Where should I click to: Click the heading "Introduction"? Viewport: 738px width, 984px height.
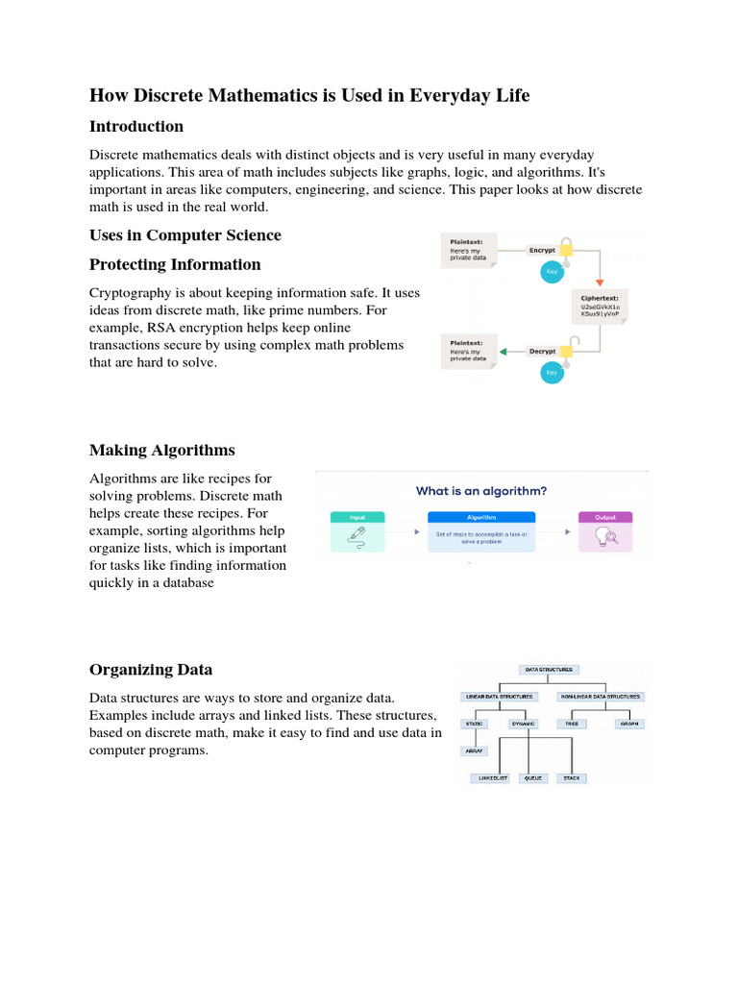point(135,127)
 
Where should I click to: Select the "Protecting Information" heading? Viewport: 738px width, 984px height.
point(175,264)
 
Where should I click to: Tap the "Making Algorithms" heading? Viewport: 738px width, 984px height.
point(161,450)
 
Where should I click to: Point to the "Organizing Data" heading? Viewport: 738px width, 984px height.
point(151,670)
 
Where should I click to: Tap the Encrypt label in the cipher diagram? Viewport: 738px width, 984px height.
point(542,250)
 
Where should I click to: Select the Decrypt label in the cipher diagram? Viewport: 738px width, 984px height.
point(543,352)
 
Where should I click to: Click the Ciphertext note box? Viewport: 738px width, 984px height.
point(601,305)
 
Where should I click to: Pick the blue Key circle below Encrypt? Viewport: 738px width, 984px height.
point(552,272)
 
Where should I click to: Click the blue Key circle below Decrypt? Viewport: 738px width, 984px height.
point(552,372)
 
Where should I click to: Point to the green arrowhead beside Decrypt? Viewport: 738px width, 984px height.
point(504,352)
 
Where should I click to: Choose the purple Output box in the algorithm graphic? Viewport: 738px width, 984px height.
point(605,531)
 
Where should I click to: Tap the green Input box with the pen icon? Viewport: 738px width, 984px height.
point(357,531)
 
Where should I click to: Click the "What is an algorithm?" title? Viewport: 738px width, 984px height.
point(481,491)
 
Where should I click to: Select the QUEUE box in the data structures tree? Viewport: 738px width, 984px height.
point(531,777)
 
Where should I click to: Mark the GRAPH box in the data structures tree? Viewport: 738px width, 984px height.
point(629,724)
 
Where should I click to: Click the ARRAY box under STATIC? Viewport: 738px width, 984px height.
point(474,750)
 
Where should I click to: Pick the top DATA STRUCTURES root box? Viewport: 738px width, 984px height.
point(547,669)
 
